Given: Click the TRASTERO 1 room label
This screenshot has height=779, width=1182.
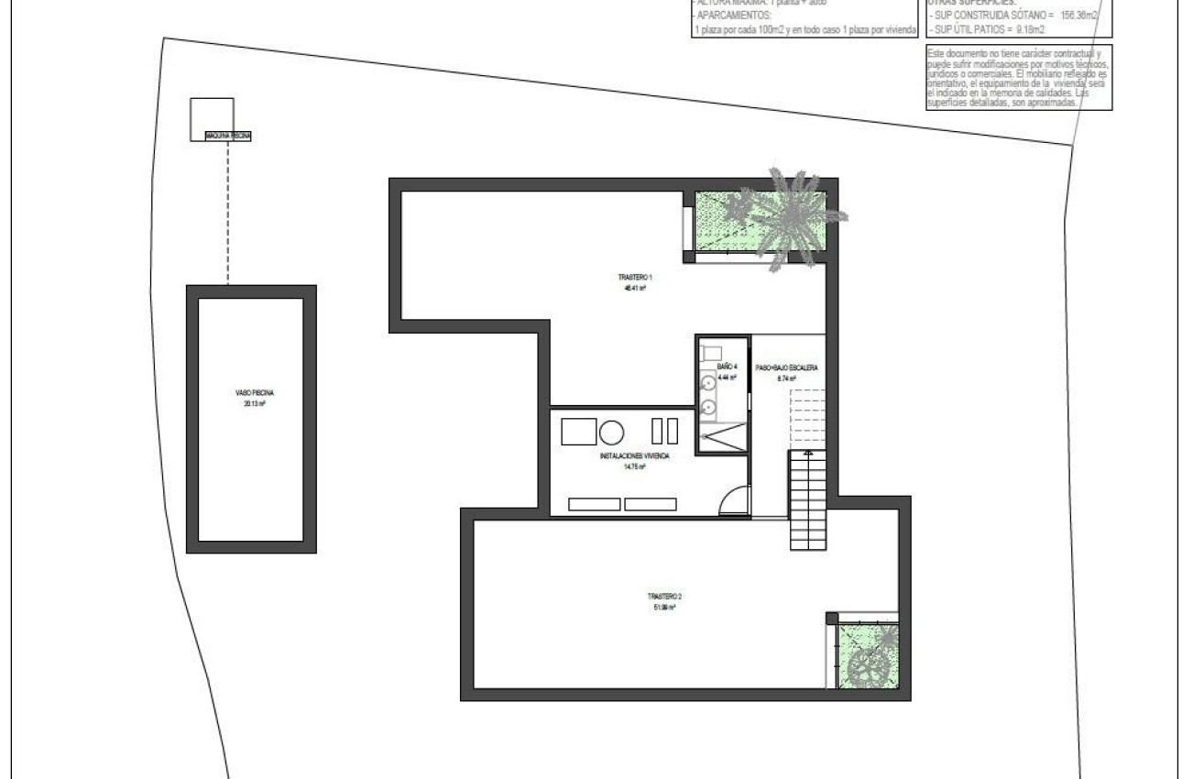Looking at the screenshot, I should click(x=634, y=277).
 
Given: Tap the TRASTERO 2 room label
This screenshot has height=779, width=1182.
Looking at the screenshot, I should click(x=664, y=596).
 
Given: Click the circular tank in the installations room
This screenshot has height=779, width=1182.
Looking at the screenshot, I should click(x=612, y=431).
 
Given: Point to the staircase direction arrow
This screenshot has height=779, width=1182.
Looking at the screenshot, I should click(x=807, y=453).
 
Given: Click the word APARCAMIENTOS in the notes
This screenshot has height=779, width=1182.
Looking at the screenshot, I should click(x=733, y=16).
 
